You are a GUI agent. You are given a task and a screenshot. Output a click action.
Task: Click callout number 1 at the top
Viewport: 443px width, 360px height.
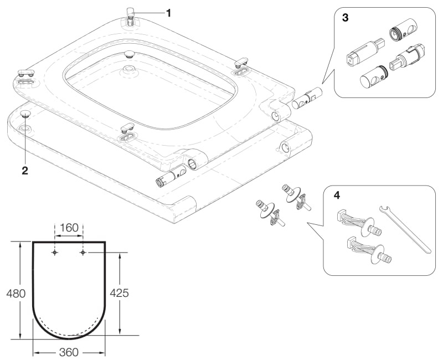(x=168, y=13)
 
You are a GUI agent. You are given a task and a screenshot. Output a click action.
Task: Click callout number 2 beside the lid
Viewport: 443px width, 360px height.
(x=25, y=171)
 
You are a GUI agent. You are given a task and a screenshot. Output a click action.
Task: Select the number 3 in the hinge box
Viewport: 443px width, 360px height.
(x=345, y=18)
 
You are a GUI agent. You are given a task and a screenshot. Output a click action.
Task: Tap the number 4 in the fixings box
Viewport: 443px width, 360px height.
(x=337, y=196)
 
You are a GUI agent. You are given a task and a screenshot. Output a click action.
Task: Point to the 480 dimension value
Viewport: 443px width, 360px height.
(x=16, y=294)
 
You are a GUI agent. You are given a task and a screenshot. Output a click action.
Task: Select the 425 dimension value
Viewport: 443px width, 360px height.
(x=119, y=293)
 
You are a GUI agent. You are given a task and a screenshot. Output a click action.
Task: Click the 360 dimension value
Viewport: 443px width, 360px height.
(x=69, y=352)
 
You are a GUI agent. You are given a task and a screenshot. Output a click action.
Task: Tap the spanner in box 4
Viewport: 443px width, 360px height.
(x=405, y=228)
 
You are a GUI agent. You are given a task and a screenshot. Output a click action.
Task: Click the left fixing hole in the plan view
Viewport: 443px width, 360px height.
(x=55, y=253)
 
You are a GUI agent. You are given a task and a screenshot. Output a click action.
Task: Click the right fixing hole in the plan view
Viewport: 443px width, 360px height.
(x=83, y=253)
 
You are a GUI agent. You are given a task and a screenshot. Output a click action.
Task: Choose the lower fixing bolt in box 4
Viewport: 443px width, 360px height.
(x=369, y=251)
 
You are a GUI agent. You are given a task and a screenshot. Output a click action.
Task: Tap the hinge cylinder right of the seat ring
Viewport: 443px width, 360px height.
(x=307, y=98)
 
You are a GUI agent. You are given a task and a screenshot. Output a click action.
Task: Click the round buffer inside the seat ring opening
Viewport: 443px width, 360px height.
(x=130, y=54)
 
